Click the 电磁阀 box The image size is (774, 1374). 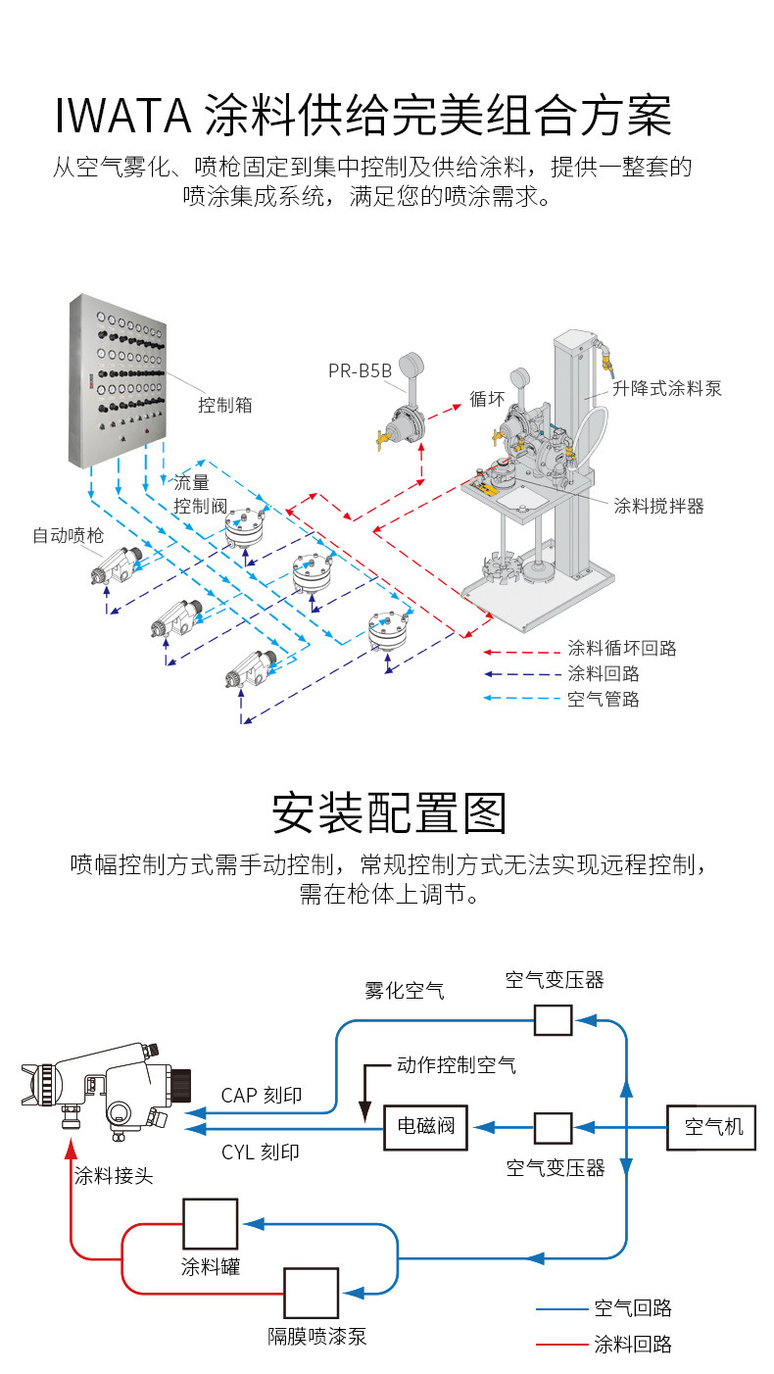(425, 1127)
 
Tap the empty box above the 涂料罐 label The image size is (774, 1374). (210, 1223)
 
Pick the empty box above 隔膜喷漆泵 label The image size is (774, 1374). (311, 1293)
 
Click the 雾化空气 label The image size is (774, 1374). (404, 990)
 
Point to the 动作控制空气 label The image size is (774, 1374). (456, 1064)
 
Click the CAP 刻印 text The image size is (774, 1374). (261, 1096)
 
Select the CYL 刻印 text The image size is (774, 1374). (260, 1152)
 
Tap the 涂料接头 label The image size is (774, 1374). (114, 1176)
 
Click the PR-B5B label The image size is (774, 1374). (360, 370)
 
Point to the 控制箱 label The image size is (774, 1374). (225, 404)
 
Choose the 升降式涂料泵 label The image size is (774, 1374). (666, 388)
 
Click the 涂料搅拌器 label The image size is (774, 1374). (658, 506)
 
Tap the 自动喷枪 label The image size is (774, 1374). (68, 535)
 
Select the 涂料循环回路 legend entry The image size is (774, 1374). (622, 648)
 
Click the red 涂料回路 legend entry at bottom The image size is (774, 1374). (633, 1344)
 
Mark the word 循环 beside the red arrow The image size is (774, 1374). (487, 399)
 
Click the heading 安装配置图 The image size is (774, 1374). (388, 811)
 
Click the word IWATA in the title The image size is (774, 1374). (123, 116)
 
